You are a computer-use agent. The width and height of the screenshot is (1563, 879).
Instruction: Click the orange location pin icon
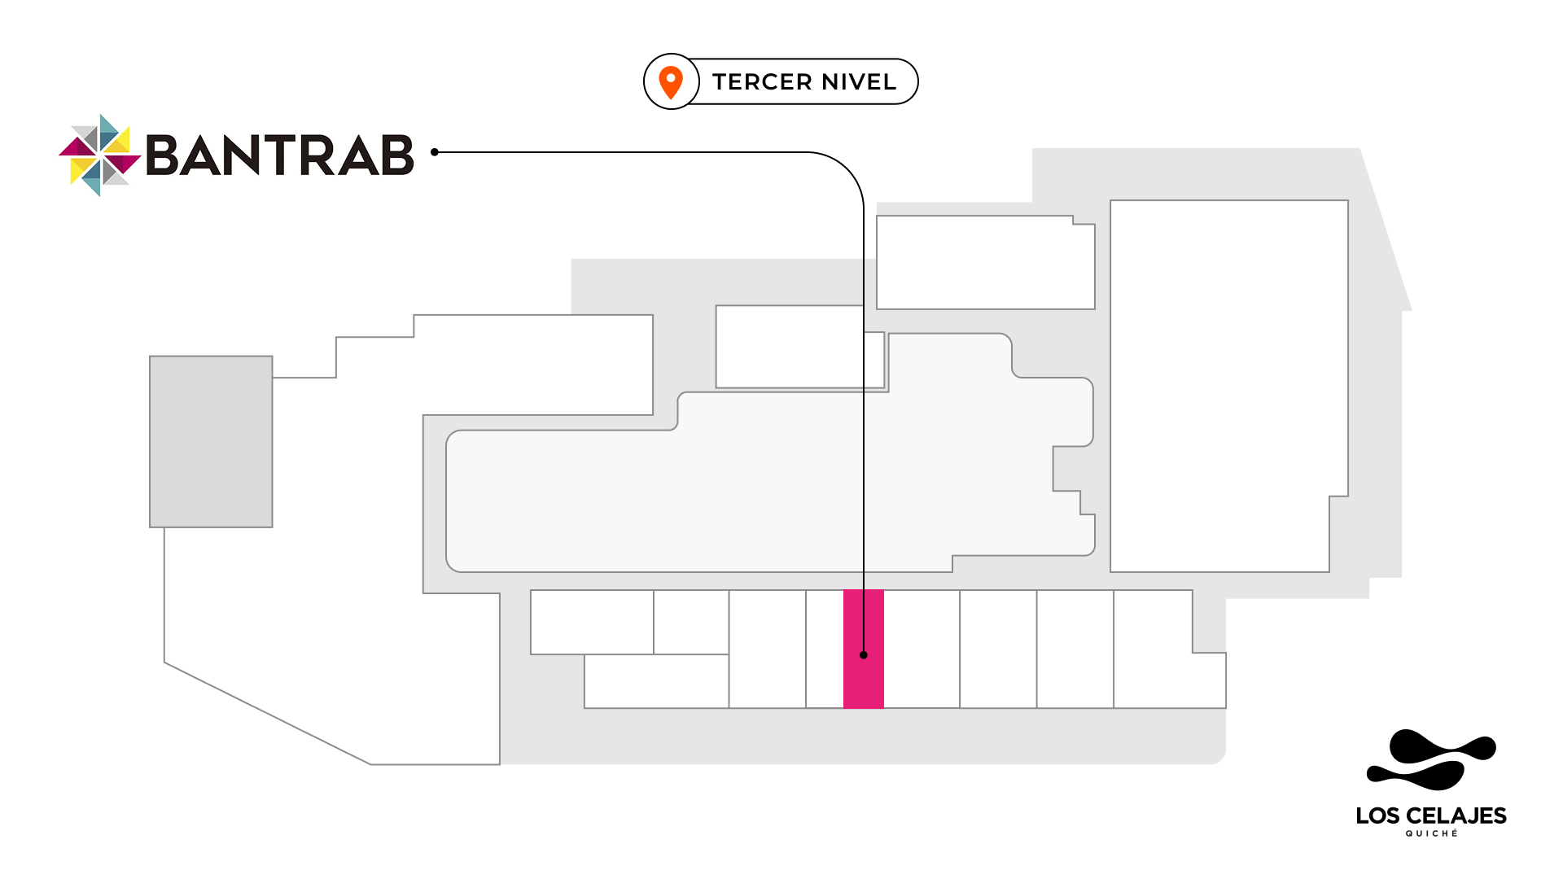point(671,82)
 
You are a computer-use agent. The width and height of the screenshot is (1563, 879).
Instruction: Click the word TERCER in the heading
point(762,82)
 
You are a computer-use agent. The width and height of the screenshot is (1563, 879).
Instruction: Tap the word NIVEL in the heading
point(859,82)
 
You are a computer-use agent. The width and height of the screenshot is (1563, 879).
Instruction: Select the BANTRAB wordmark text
point(280,155)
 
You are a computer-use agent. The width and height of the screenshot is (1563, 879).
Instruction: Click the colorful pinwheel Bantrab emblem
point(100,155)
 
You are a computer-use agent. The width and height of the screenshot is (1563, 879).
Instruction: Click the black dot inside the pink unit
point(864,655)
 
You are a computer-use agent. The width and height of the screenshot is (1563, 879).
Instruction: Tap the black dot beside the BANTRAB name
point(435,152)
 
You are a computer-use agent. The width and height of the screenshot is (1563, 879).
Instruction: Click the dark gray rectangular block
point(211,441)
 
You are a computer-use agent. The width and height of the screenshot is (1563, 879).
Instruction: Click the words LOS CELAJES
point(1430,816)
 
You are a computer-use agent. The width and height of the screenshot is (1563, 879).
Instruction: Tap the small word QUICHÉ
point(1431,833)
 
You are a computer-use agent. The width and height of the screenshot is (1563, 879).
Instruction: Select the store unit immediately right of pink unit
point(922,649)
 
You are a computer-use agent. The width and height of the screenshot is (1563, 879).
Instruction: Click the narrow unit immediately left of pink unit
point(825,649)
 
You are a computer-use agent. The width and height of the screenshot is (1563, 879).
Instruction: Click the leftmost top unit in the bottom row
point(592,622)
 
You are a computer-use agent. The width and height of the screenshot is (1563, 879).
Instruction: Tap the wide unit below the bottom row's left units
point(656,681)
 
